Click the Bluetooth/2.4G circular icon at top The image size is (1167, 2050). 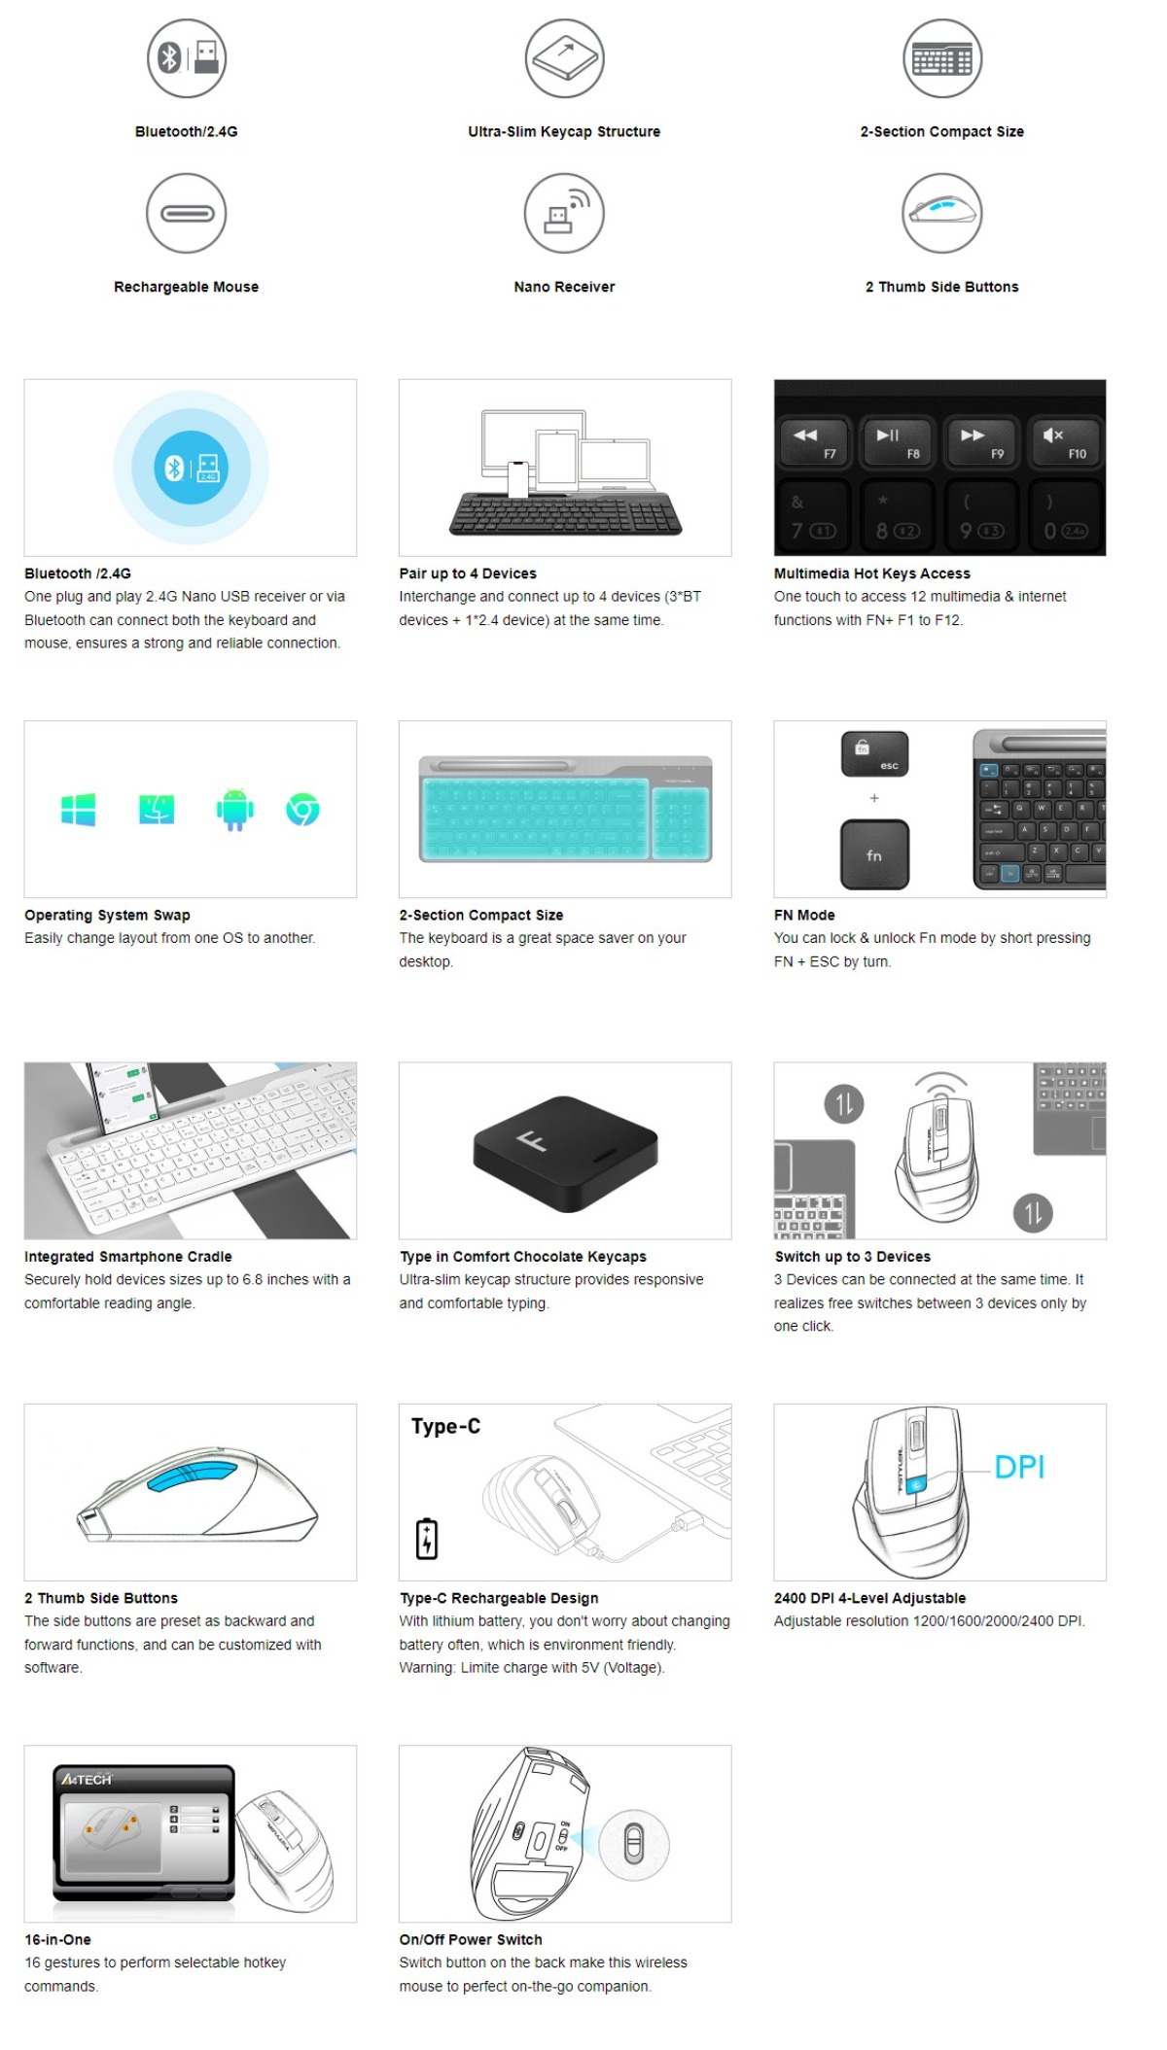click(x=186, y=58)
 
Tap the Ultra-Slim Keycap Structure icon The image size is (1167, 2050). click(x=564, y=58)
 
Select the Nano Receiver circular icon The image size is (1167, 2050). click(x=564, y=213)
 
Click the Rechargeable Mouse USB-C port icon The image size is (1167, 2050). click(x=186, y=213)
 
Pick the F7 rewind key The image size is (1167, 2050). click(x=815, y=443)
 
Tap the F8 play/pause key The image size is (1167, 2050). click(x=898, y=443)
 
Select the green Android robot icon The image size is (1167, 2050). click(x=234, y=809)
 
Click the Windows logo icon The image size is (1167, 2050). click(x=78, y=809)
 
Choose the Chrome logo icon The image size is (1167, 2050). click(x=302, y=809)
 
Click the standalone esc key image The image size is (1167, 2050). click(x=874, y=754)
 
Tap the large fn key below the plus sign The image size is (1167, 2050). click(x=874, y=854)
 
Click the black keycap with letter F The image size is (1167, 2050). click(x=564, y=1153)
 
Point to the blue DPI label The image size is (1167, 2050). click(x=1019, y=1467)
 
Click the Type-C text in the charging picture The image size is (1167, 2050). click(x=445, y=1426)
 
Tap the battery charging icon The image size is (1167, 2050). click(x=427, y=1539)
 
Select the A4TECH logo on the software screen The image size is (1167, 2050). click(x=88, y=1779)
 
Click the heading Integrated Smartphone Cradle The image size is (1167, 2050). click(x=127, y=1257)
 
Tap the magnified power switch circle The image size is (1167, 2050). click(x=634, y=1843)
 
